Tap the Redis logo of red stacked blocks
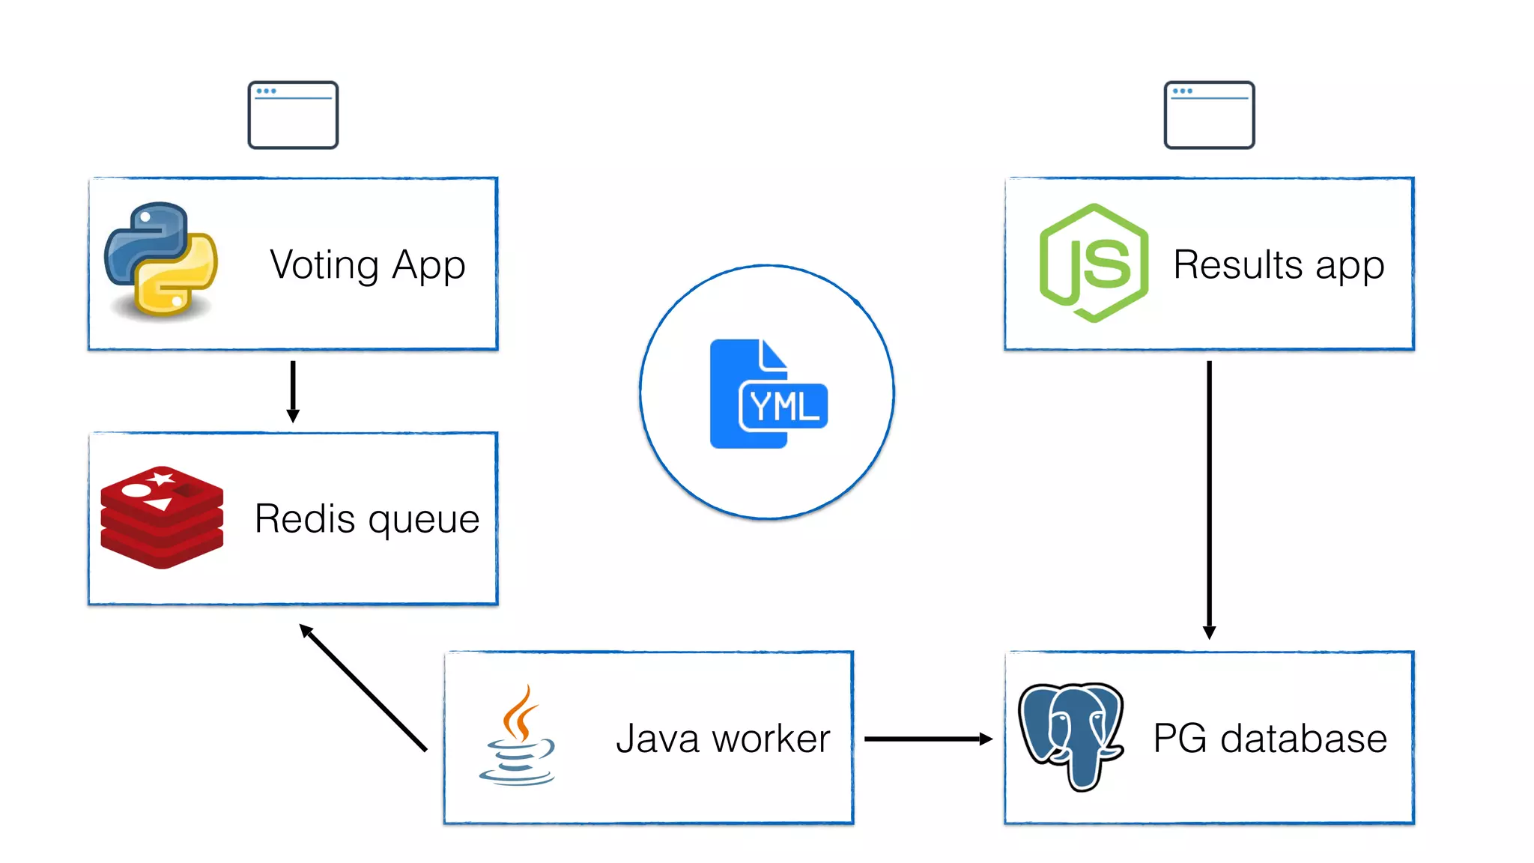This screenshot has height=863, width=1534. point(162,517)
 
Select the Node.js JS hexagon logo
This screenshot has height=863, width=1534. point(1094,263)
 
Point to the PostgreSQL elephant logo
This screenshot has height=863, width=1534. point(1071,735)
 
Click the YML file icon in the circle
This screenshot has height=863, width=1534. point(767,394)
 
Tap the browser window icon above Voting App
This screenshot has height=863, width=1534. point(293,115)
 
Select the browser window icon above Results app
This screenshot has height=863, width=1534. point(1209,115)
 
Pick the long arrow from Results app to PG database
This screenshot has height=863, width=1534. point(1209,499)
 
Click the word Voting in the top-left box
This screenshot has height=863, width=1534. point(324,265)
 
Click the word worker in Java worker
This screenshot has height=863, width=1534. point(771,739)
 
